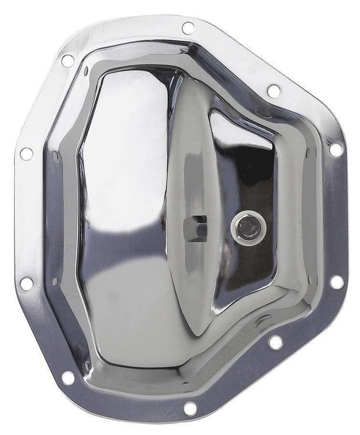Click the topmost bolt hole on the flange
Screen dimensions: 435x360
(x=188, y=27)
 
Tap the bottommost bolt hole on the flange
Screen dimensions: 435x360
(x=190, y=408)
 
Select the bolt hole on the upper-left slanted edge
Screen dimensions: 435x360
(x=67, y=60)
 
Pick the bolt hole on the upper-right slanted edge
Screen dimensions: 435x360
(x=273, y=91)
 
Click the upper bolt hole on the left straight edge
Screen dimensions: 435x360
(x=26, y=154)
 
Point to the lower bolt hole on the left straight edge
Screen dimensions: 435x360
(x=26, y=283)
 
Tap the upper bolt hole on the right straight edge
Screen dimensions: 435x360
(x=336, y=149)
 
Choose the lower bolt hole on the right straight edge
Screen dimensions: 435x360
(x=337, y=281)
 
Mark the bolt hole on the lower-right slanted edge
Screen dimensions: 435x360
(x=275, y=342)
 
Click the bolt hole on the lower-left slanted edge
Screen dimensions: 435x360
(x=69, y=377)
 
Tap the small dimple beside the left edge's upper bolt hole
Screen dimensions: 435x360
(x=54, y=156)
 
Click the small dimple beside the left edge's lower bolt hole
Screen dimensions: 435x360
(x=54, y=281)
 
